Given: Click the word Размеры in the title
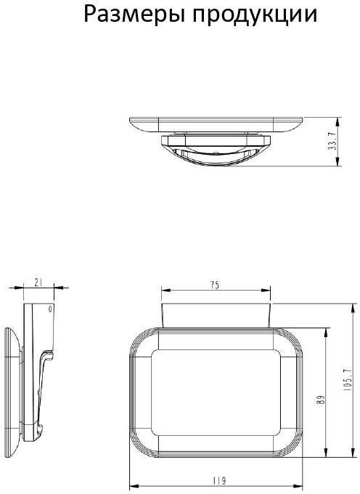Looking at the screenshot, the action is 134,15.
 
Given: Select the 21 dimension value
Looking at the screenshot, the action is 38,283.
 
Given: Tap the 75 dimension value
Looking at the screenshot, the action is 215,286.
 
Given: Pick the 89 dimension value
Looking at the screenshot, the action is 321,400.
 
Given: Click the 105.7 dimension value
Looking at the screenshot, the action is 347,380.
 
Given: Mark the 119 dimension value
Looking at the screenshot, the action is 219,481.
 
